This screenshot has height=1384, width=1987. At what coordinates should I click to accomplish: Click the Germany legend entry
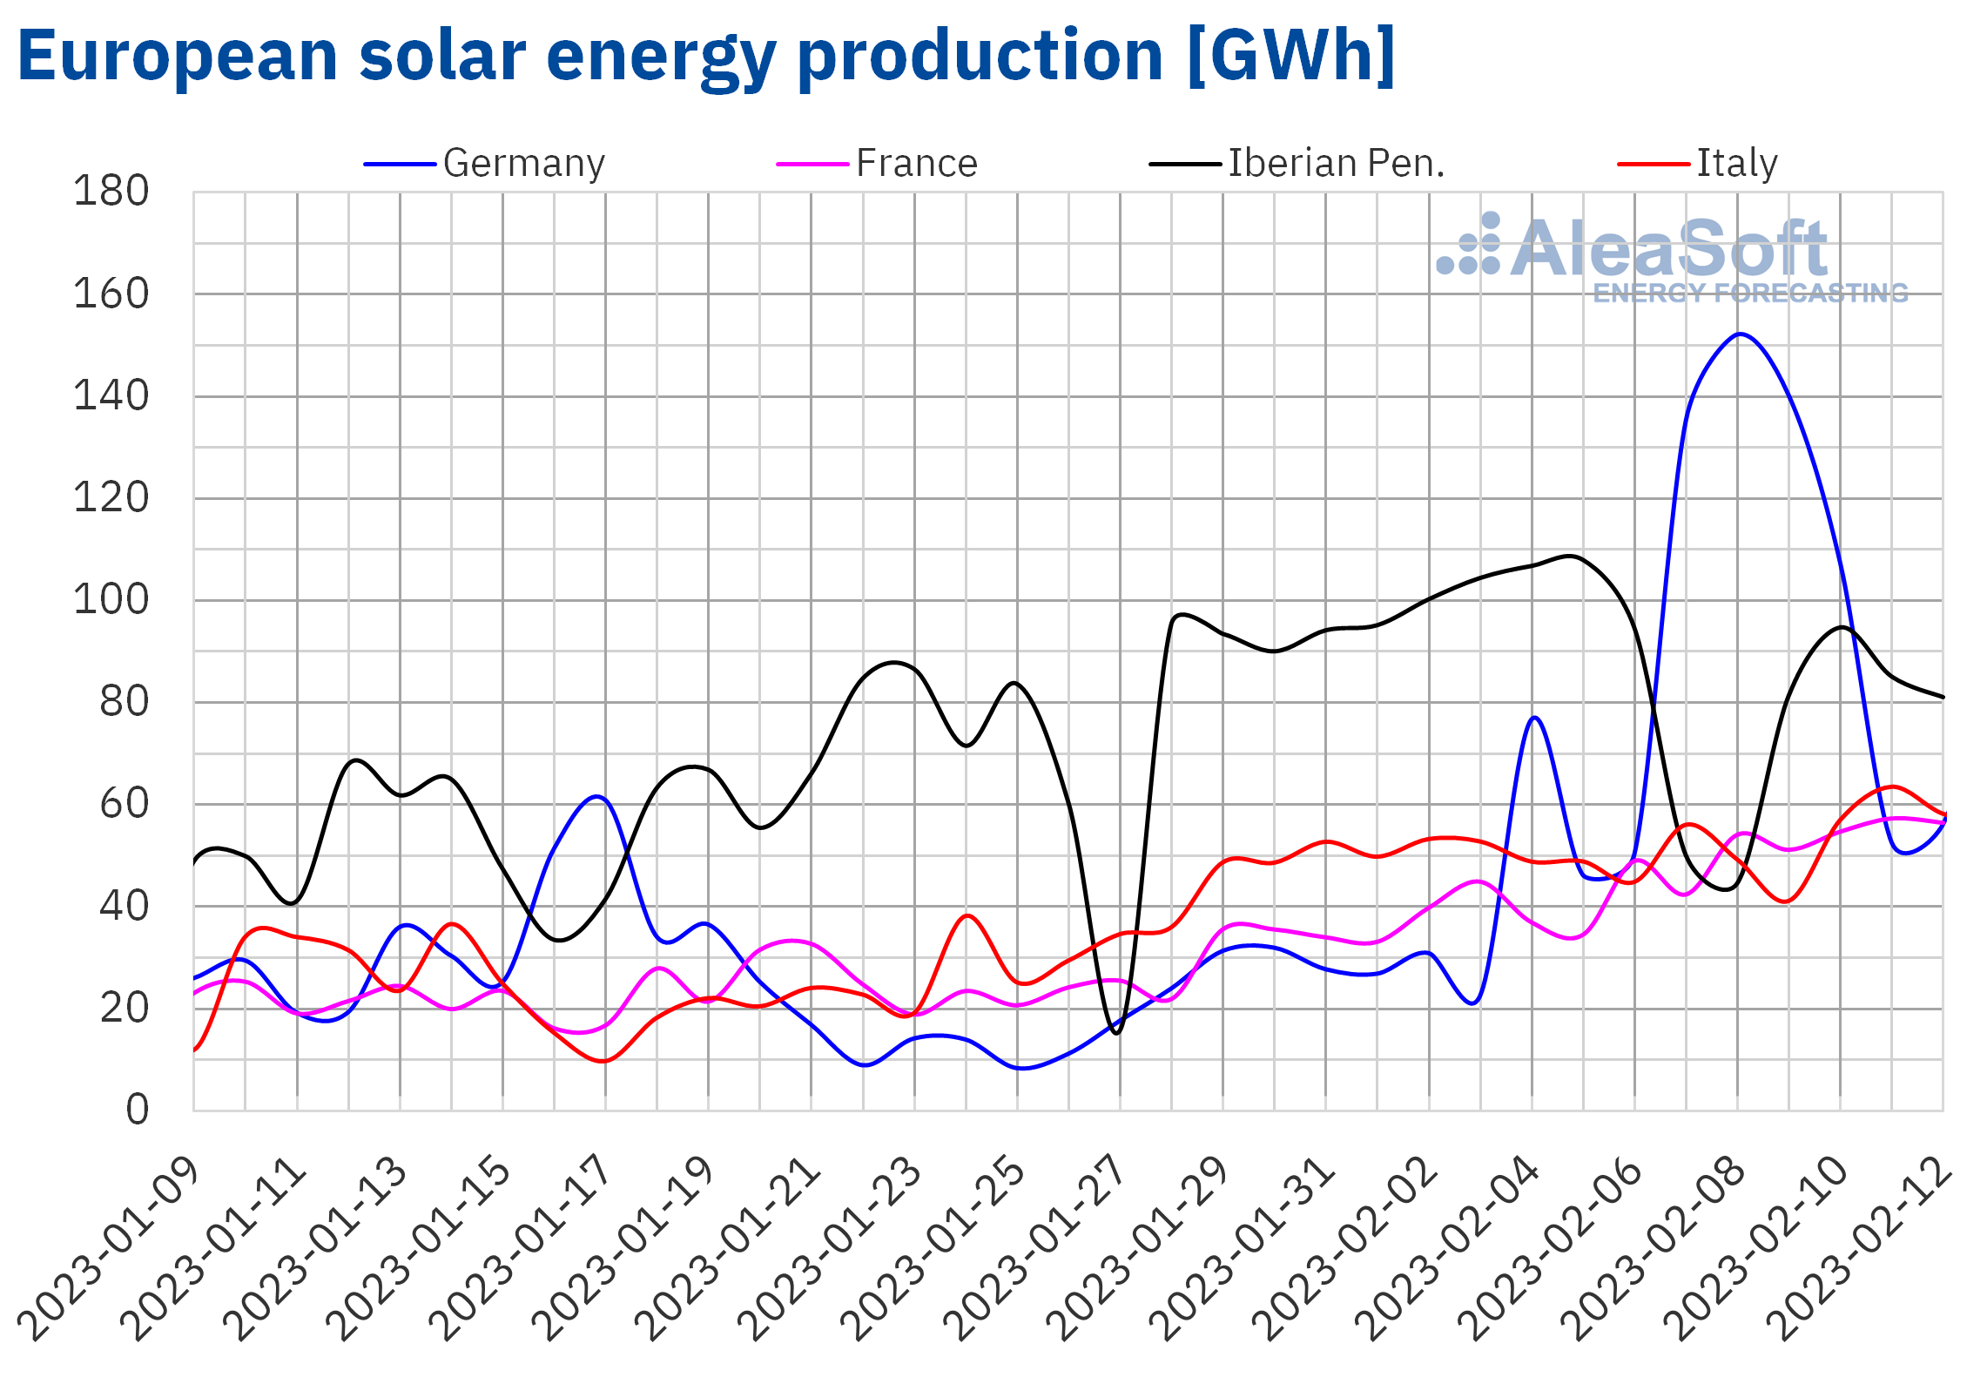click(x=522, y=164)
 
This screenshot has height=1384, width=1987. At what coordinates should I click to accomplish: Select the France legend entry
click(x=916, y=164)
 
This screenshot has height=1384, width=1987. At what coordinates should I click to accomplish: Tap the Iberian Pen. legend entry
click(x=1335, y=164)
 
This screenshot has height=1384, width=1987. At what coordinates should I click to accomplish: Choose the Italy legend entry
click(x=1736, y=164)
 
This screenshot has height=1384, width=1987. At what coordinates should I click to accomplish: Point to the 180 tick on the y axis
click(x=111, y=192)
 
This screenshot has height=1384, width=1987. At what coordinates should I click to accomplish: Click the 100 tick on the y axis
click(x=111, y=600)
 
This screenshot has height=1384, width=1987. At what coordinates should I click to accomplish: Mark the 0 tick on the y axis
click(x=137, y=1111)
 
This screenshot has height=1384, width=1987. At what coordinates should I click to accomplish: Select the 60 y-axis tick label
click(x=124, y=804)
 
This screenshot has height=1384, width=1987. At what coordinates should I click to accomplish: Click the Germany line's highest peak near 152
click(x=1739, y=334)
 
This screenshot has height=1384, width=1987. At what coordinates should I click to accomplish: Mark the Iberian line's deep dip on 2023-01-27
click(x=1116, y=1033)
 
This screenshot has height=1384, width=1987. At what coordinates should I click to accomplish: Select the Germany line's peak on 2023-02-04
click(x=1534, y=718)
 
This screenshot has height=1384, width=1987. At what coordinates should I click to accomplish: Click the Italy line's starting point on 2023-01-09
click(x=195, y=1050)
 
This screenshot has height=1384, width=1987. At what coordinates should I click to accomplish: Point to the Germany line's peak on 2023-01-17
click(x=597, y=796)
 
